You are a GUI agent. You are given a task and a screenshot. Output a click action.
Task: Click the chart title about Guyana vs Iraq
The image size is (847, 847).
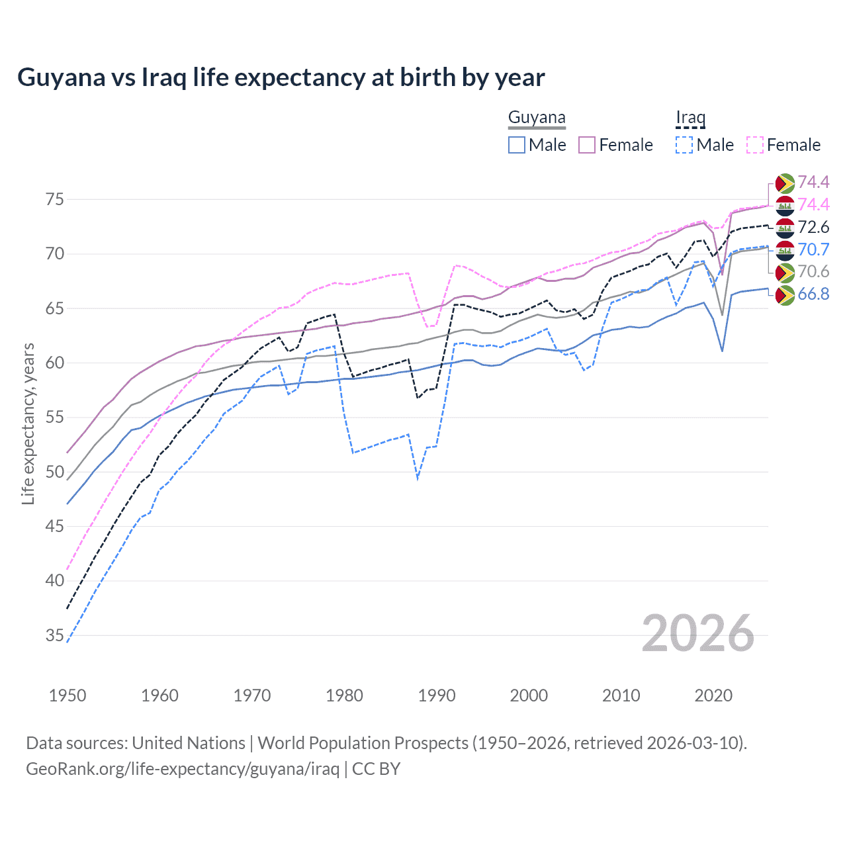coord(281,77)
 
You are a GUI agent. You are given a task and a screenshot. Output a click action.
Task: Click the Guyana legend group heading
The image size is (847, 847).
coord(537,118)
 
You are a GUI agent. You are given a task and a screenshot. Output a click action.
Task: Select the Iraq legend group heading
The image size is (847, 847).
coord(690,118)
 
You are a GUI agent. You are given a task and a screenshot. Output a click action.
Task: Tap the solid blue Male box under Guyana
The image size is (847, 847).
coord(517,145)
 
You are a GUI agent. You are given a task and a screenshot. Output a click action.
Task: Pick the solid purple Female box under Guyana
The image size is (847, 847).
coord(587,145)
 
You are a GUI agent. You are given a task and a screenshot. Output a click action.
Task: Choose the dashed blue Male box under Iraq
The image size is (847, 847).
coord(684,145)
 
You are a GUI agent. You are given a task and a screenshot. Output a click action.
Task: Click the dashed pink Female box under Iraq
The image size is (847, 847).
coord(755,145)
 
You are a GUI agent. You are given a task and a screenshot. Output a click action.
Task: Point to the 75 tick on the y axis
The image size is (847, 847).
coord(55,200)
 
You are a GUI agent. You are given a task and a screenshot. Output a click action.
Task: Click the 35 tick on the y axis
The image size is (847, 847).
coord(55,636)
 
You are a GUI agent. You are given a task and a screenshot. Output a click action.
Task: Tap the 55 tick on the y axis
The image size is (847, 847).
coord(55,418)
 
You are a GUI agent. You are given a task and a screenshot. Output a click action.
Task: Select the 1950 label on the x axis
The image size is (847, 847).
coord(67,695)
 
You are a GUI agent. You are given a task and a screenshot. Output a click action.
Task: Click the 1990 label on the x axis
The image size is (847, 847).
coord(437,695)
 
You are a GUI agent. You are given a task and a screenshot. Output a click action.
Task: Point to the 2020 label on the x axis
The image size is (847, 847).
coord(713,695)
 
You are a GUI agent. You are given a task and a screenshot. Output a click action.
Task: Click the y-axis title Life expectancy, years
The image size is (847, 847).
coord(28,423)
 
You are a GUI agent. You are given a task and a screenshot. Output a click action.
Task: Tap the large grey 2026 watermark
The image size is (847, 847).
coord(698,633)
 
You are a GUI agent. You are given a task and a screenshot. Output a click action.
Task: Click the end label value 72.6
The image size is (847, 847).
coord(813,228)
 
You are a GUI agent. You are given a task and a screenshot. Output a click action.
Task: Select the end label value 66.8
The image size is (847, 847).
coord(813,294)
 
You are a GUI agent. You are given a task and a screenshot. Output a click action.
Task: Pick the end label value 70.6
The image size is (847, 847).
coord(813,272)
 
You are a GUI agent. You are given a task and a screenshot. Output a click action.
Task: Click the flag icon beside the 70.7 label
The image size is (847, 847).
coord(785,250)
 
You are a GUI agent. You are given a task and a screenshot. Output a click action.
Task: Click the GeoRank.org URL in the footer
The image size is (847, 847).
coord(183,769)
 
